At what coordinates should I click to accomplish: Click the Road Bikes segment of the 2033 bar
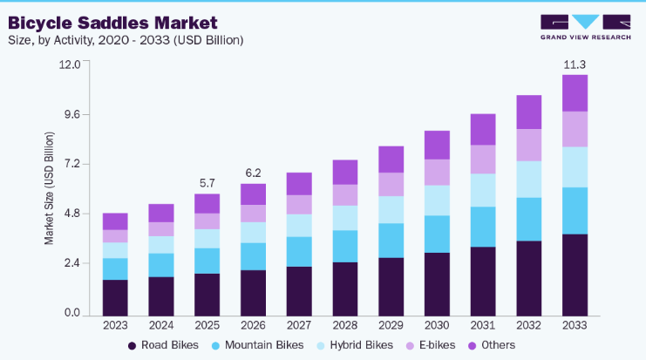coord(575,275)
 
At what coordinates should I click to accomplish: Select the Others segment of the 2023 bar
coord(115,221)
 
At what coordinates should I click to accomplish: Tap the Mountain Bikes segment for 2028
coord(345,247)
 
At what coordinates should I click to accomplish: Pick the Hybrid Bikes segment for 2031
coord(483,190)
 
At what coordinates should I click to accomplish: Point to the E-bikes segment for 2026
coord(254,214)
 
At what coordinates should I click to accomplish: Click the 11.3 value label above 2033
coord(575,65)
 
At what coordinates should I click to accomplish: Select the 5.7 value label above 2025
coord(207,183)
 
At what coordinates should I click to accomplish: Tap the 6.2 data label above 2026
coord(254,173)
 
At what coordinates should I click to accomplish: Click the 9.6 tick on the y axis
coord(72,114)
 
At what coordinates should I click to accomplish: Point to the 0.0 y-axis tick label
coord(72,313)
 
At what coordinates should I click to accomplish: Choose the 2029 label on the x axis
coord(391,325)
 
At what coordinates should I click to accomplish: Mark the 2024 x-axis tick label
coord(161,325)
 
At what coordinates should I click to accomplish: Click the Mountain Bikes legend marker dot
coord(215,345)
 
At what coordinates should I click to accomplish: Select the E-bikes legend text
coord(437,345)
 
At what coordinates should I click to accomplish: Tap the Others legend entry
coord(492,345)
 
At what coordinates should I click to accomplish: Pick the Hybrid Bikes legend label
coord(361,345)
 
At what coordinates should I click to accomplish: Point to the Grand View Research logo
coord(586,27)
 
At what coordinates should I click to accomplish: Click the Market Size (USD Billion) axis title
coord(49,188)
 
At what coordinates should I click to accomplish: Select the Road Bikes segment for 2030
coord(437,285)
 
